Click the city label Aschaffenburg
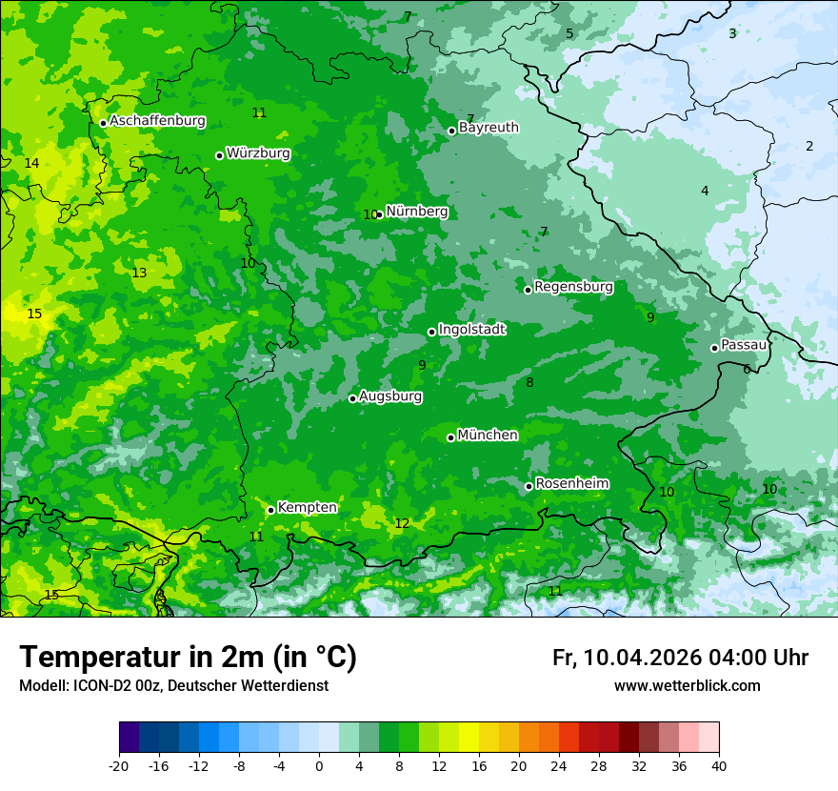click(x=157, y=121)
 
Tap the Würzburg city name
click(x=258, y=153)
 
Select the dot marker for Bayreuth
click(x=451, y=131)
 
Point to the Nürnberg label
click(x=416, y=212)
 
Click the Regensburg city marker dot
click(x=528, y=290)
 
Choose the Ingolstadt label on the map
click(x=471, y=330)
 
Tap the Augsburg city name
click(x=390, y=396)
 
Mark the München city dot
click(x=450, y=437)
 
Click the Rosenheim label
click(x=571, y=484)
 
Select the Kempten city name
click(x=307, y=508)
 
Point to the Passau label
click(x=744, y=345)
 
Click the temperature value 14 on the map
click(x=31, y=164)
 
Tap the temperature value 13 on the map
click(x=139, y=274)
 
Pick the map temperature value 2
click(x=809, y=147)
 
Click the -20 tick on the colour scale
click(x=119, y=766)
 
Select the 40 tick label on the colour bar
click(x=718, y=766)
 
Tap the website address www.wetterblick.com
click(x=687, y=686)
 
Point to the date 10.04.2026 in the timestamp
click(x=642, y=658)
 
